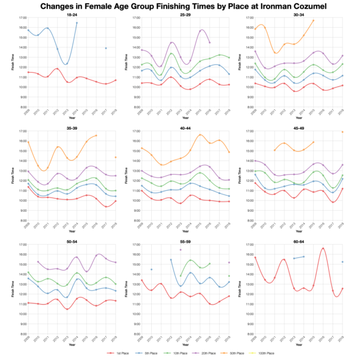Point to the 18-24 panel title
tap(70, 14)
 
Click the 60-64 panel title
tap(295, 241)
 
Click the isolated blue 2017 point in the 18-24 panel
tap(106, 48)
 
